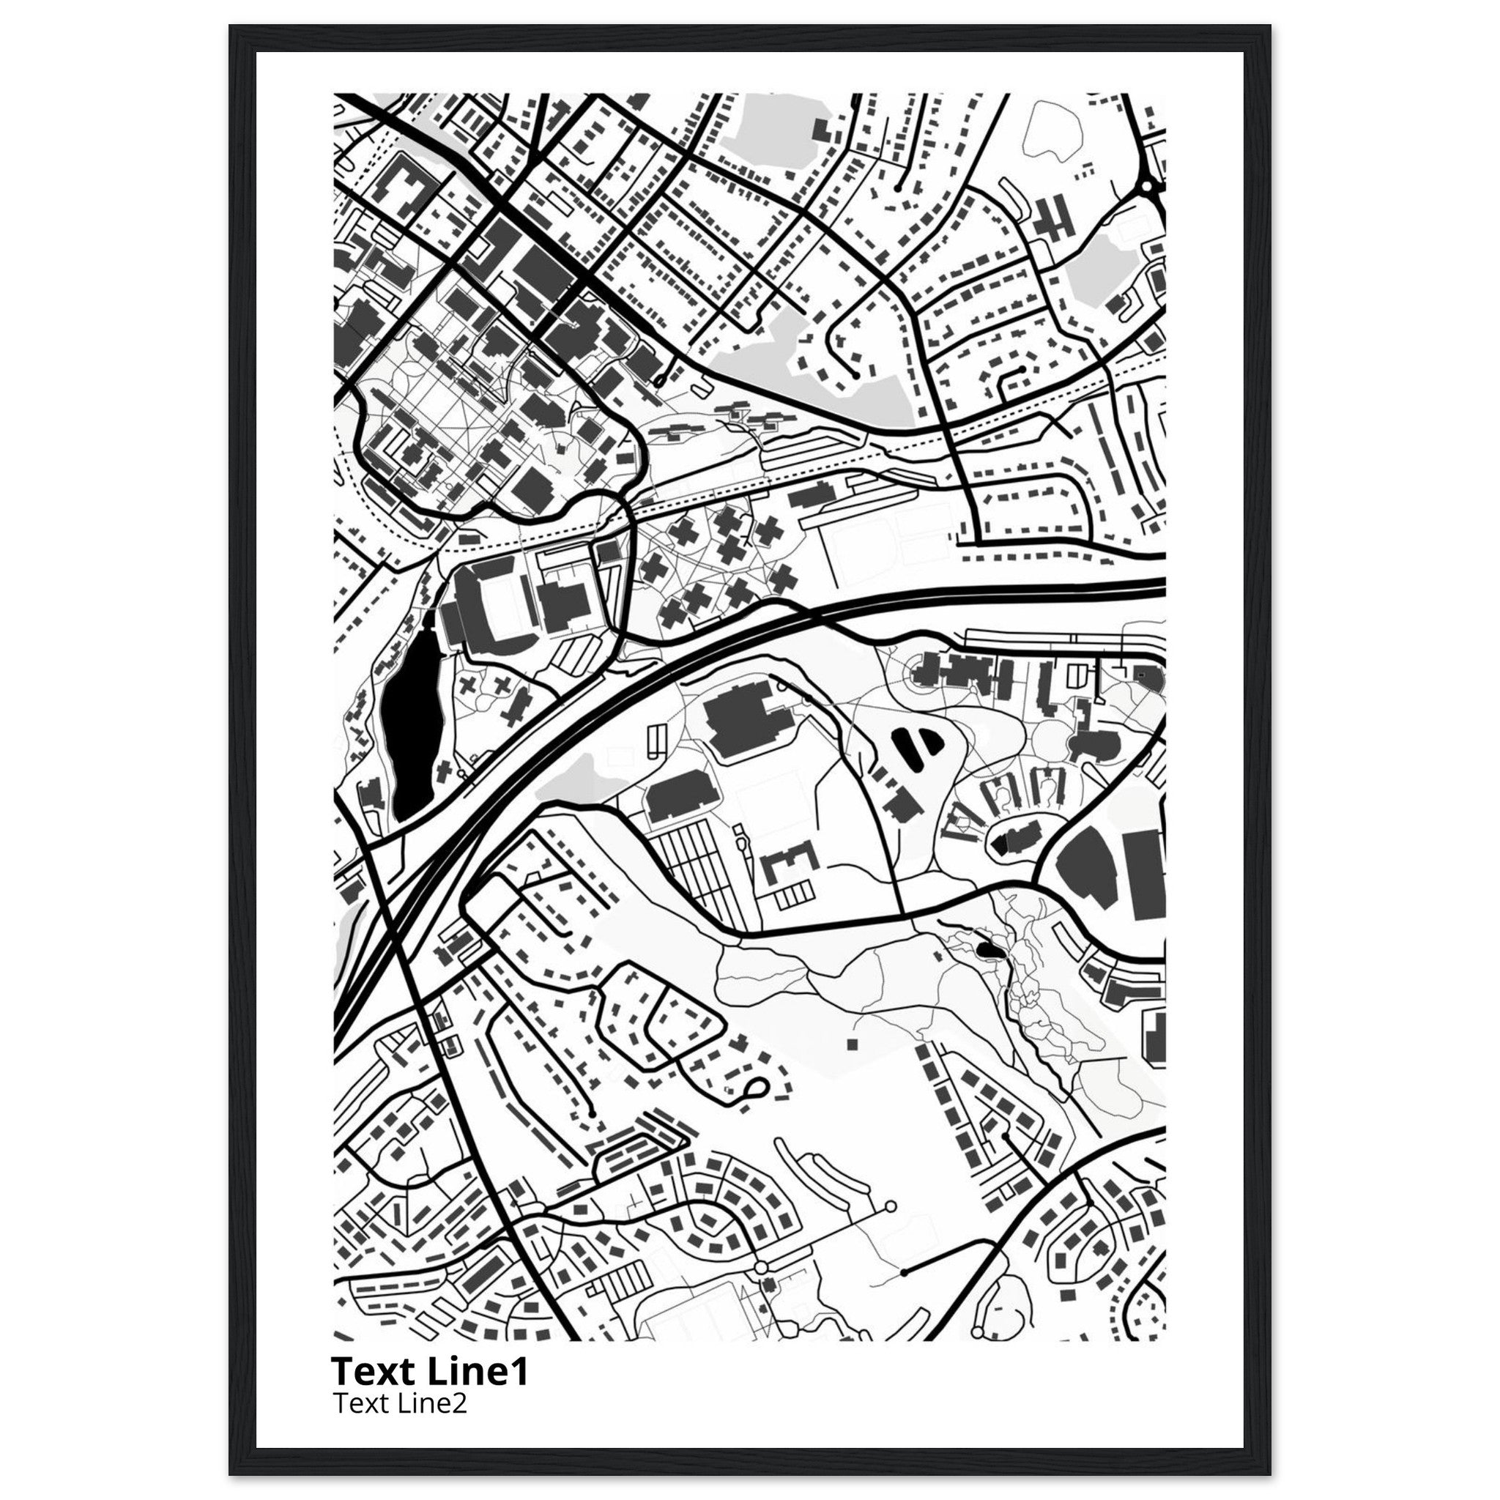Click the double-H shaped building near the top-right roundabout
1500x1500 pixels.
click(1052, 218)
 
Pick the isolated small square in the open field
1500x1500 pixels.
click(852, 1044)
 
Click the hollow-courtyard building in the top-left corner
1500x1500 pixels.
click(404, 190)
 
